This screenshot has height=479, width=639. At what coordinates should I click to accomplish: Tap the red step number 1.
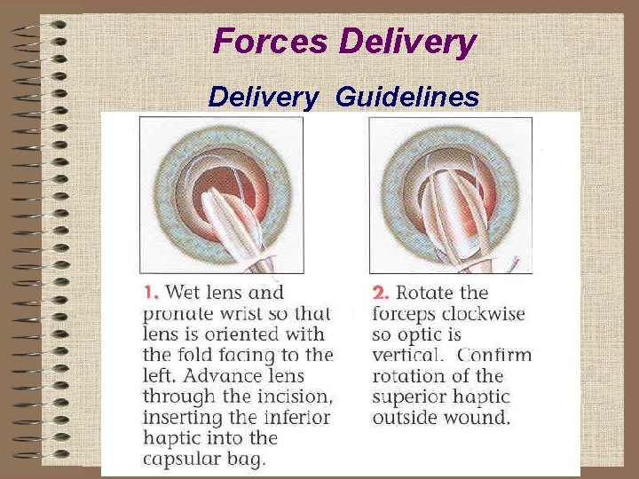150,292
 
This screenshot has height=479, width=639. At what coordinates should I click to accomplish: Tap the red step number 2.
380,292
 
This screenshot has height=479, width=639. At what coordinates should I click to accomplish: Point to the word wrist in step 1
245,313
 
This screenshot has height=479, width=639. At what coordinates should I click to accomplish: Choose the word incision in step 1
295,397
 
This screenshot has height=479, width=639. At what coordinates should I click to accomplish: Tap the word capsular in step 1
177,459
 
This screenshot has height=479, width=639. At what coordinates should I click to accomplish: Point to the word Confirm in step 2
496,355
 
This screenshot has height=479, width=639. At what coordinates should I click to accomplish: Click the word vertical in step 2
407,355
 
